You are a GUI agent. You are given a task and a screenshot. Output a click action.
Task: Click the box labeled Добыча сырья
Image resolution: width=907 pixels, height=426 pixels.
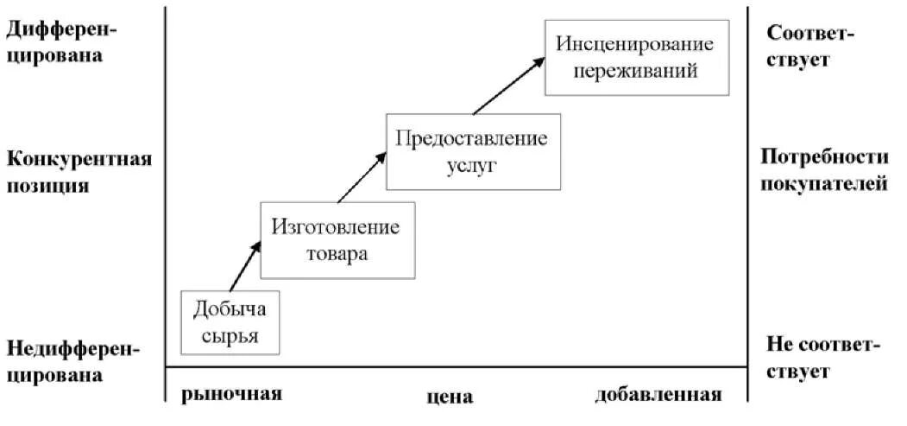click(231, 321)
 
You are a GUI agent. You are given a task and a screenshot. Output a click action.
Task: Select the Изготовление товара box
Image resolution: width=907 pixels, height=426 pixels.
click(337, 240)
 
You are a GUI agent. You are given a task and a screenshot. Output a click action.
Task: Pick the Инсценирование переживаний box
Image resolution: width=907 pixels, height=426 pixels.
click(638, 57)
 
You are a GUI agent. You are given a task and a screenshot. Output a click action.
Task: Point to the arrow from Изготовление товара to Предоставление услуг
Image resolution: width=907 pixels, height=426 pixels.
click(362, 176)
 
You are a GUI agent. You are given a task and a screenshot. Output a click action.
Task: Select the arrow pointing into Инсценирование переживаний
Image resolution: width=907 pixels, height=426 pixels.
click(509, 85)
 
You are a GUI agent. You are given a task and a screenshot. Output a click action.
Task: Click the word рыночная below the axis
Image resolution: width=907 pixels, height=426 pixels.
click(232, 394)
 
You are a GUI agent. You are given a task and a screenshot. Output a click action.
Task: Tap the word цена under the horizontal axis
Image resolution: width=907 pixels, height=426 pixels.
click(450, 397)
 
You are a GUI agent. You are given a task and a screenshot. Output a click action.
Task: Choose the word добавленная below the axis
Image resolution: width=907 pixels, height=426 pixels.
click(658, 395)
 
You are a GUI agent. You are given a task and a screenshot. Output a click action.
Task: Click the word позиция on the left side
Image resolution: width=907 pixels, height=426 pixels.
click(47, 185)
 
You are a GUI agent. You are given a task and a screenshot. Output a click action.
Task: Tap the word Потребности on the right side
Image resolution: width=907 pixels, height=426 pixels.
click(823, 156)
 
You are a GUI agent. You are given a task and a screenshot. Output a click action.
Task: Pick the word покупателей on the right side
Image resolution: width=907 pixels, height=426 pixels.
click(825, 183)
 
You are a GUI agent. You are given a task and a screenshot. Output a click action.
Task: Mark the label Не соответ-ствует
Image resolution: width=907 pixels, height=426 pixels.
click(822, 358)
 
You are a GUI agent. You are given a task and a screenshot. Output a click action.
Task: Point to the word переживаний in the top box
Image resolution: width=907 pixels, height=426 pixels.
click(638, 71)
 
